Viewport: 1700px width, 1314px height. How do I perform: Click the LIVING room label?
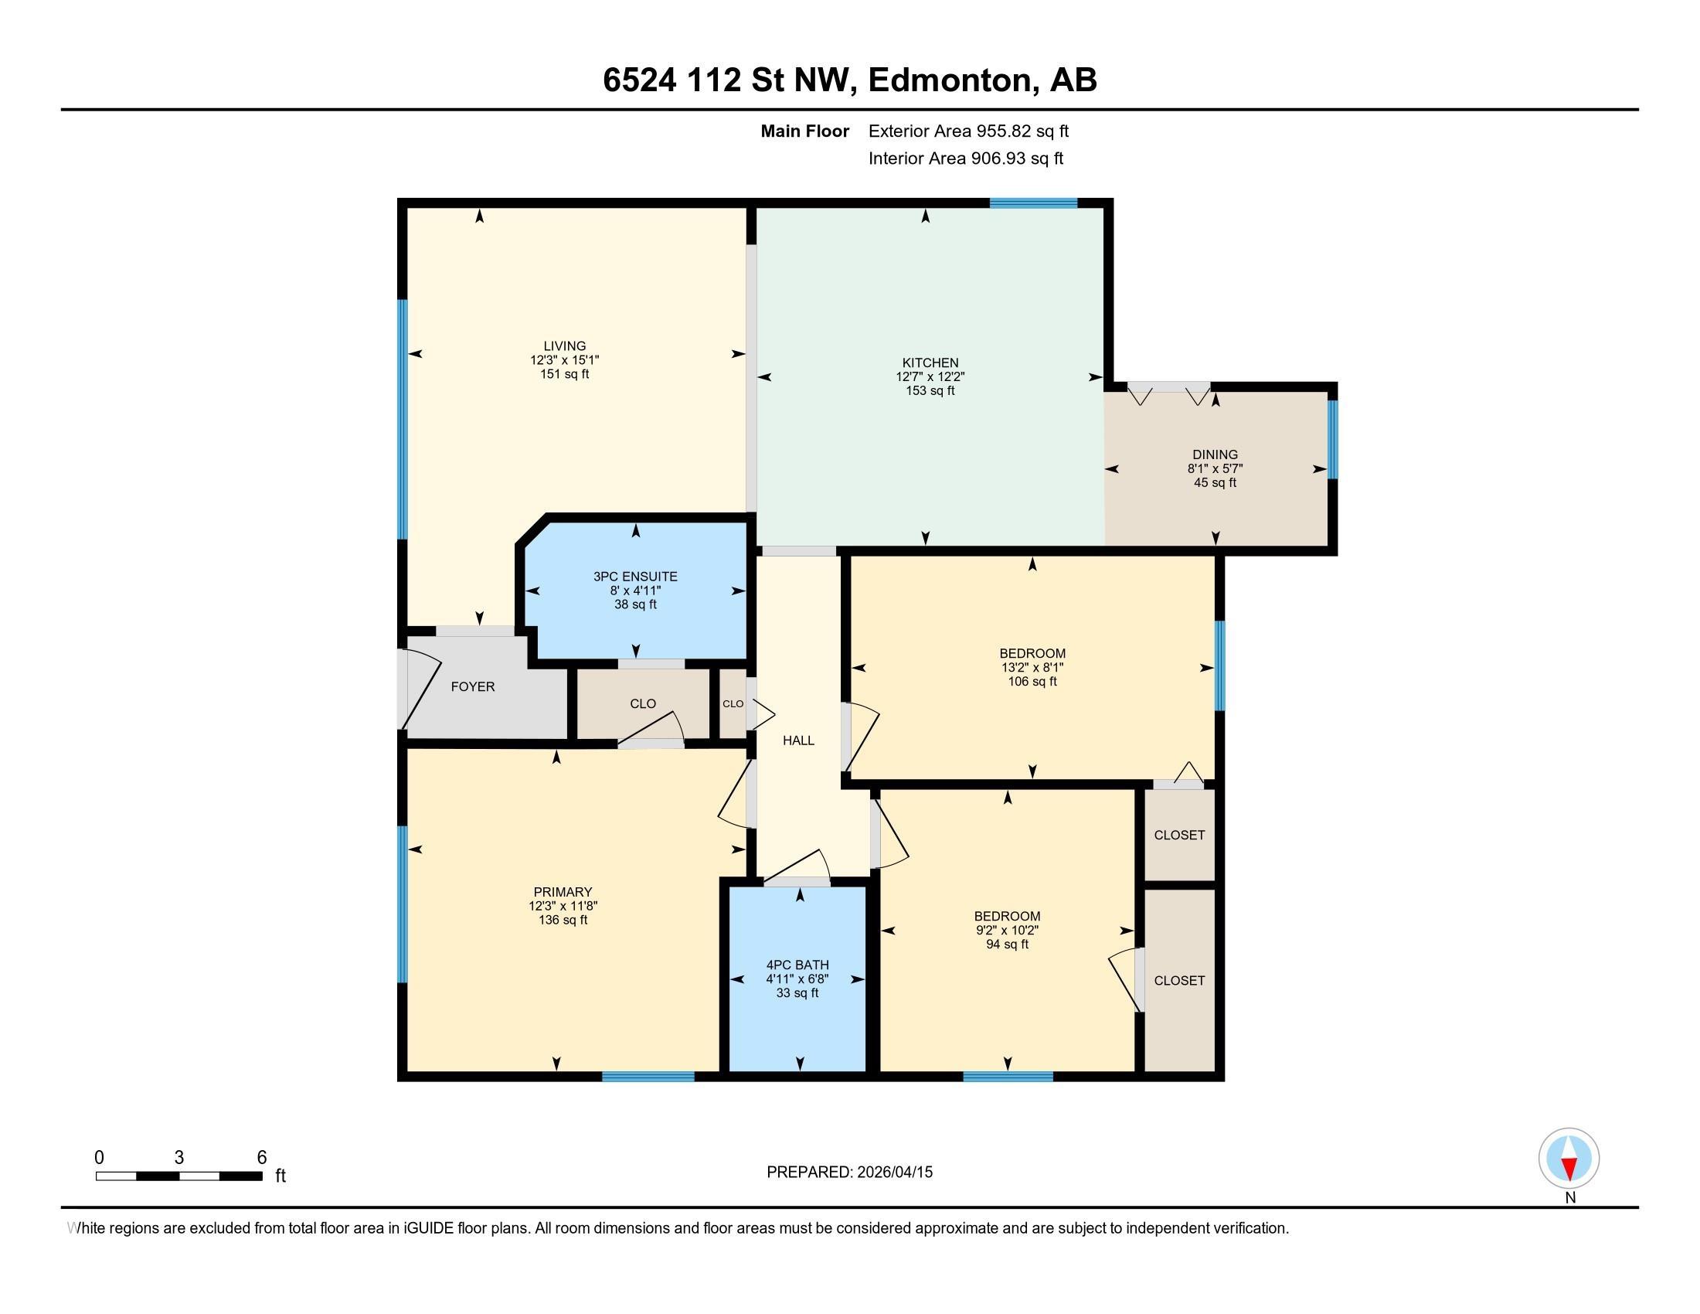tap(564, 346)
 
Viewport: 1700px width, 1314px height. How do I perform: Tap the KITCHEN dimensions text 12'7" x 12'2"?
tap(930, 376)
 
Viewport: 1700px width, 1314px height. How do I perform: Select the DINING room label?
tap(1214, 454)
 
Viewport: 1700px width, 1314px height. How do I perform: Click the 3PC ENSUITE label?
tap(635, 577)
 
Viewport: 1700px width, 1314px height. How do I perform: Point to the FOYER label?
tap(472, 686)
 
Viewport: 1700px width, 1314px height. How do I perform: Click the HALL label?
tap(798, 740)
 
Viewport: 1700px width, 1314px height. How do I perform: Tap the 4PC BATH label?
tap(797, 965)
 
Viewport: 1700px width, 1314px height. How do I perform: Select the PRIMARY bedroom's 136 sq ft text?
tap(562, 920)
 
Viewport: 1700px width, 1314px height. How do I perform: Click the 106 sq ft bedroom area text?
tap(1032, 682)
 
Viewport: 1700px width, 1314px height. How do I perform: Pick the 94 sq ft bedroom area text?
tap(1006, 945)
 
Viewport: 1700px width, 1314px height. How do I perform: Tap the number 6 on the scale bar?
tap(261, 1158)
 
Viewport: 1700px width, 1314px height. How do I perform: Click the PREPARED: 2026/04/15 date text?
tap(849, 1173)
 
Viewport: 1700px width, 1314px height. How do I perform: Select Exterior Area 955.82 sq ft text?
tap(968, 131)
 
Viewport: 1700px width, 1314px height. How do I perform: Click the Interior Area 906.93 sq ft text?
tap(965, 158)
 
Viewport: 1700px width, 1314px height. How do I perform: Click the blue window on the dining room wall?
tap(1332, 440)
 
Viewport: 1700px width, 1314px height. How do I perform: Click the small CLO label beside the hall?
tap(733, 703)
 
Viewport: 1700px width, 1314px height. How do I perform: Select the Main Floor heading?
tap(804, 131)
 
